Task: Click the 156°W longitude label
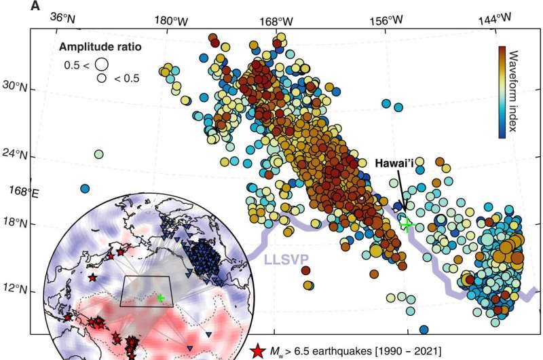389,20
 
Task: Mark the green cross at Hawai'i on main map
407,224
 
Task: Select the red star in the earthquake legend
257,351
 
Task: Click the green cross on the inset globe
160,298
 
